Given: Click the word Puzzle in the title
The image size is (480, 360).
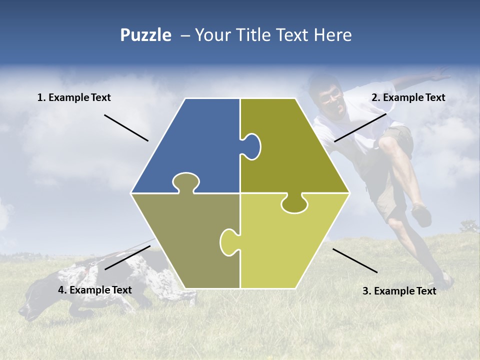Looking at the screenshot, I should click(145, 35).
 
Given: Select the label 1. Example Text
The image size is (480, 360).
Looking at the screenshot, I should click(74, 97).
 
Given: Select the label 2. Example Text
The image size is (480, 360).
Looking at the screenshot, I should click(408, 97).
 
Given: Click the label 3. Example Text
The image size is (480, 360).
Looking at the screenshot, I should click(399, 291).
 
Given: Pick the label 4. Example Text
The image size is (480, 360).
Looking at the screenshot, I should click(95, 290).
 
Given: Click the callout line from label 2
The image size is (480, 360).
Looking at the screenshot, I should click(360, 127).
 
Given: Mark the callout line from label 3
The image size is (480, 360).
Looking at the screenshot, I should click(355, 260).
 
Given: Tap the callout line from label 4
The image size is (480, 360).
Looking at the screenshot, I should click(127, 257).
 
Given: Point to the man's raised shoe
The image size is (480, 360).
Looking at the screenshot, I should click(422, 215).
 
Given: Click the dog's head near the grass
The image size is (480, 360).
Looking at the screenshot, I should click(37, 300).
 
